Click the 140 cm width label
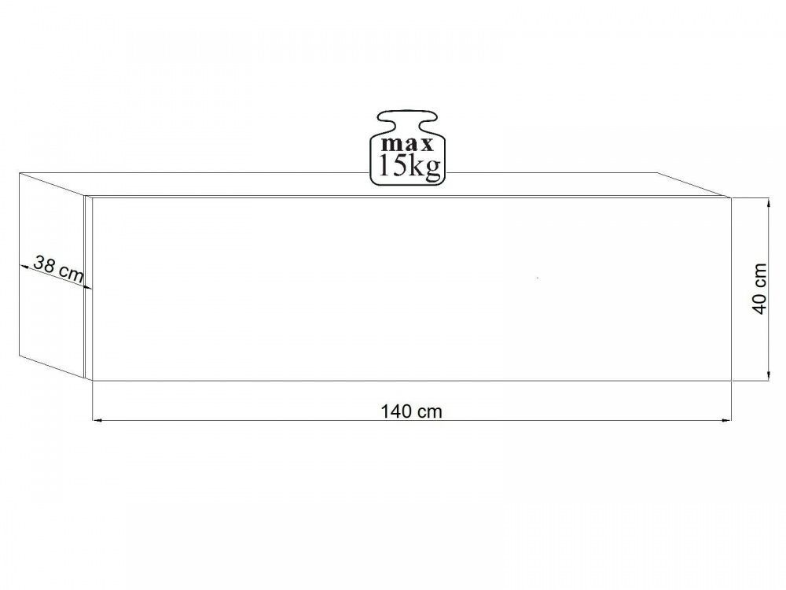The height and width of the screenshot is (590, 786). [x=412, y=411]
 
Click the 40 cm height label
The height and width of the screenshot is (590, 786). [x=760, y=289]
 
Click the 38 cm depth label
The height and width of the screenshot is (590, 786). [x=58, y=268]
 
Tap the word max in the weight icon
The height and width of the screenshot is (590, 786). [x=407, y=145]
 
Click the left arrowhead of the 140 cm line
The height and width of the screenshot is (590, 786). [x=97, y=419]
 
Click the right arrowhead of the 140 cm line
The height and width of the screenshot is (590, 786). [x=727, y=419]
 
